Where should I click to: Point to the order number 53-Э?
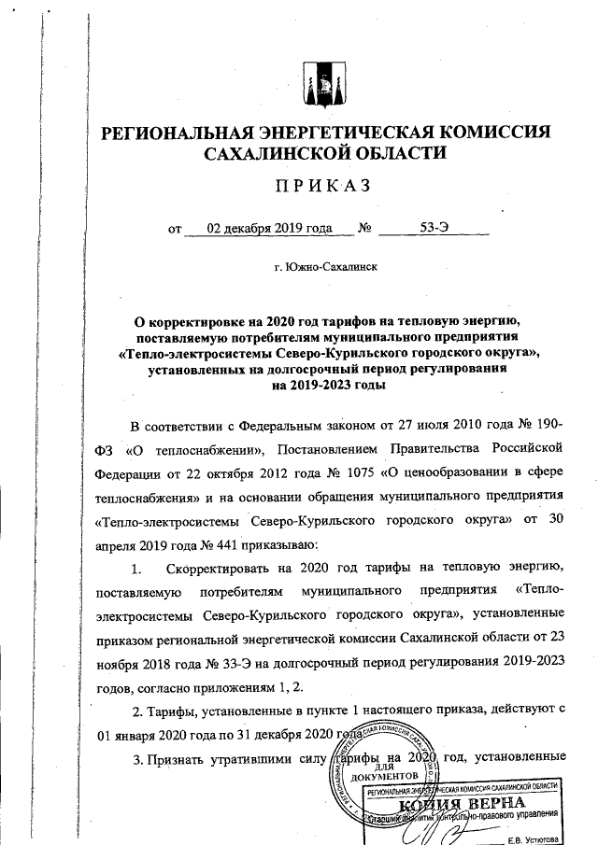point(434,228)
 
